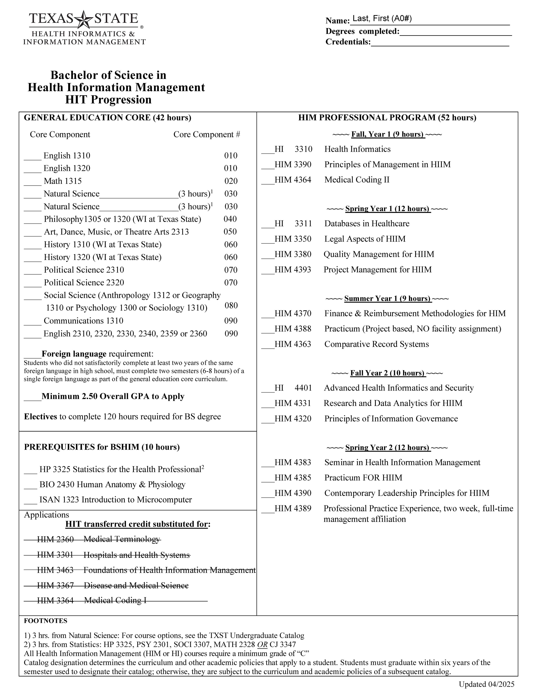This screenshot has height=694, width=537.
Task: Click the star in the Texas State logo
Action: (x=84, y=20)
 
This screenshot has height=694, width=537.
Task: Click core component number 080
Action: (x=231, y=305)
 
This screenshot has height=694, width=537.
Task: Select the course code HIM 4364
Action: (x=293, y=180)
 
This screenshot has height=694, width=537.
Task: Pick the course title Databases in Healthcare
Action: (x=367, y=223)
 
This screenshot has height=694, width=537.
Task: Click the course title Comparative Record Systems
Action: (x=376, y=344)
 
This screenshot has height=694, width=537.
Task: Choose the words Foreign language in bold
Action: (x=74, y=354)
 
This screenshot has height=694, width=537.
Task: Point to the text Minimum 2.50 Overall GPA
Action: (x=113, y=396)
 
